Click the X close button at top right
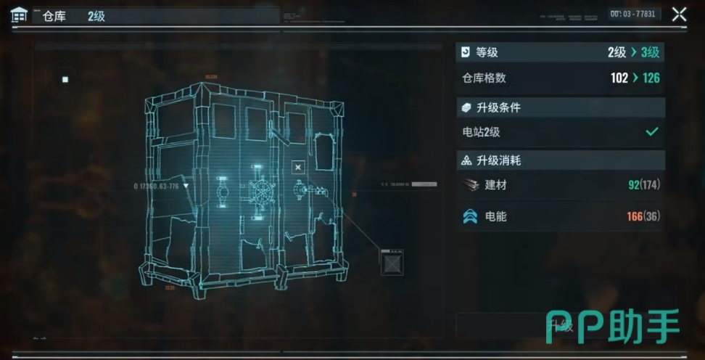pyautogui.click(x=679, y=14)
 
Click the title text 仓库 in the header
pyautogui.click(x=54, y=16)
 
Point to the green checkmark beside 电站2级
pyautogui.click(x=652, y=131)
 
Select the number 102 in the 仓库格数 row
pyautogui.click(x=619, y=78)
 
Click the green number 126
pyautogui.click(x=651, y=78)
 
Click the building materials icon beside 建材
pyautogui.click(x=470, y=185)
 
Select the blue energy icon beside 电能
pyautogui.click(x=470, y=216)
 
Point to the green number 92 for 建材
pyautogui.click(x=633, y=185)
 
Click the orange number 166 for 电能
pyautogui.click(x=635, y=216)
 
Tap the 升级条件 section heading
pyautogui.click(x=498, y=108)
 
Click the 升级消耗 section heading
pyautogui.click(x=498, y=160)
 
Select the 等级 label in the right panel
pyautogui.click(x=487, y=52)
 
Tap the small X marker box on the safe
pyautogui.click(x=297, y=168)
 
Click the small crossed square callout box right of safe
pyautogui.click(x=392, y=262)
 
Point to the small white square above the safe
pyautogui.click(x=65, y=79)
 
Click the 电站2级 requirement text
pyautogui.click(x=481, y=132)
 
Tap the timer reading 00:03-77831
pyautogui.click(x=632, y=14)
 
